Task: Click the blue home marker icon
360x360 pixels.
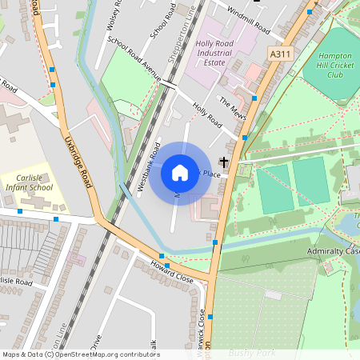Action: (180, 172)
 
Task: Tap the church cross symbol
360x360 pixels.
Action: (224, 162)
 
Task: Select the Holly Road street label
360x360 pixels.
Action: (206, 114)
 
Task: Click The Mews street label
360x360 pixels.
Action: (230, 106)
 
